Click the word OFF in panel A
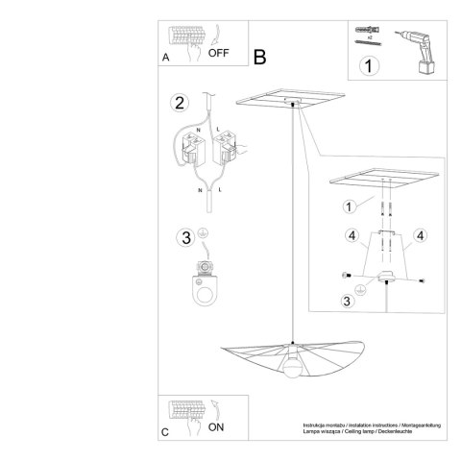coord(220,53)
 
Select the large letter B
coord(259,58)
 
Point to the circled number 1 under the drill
coord(367,66)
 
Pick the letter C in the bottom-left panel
coord(166,433)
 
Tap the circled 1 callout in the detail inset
coord(349,206)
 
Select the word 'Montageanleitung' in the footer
coord(409,423)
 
